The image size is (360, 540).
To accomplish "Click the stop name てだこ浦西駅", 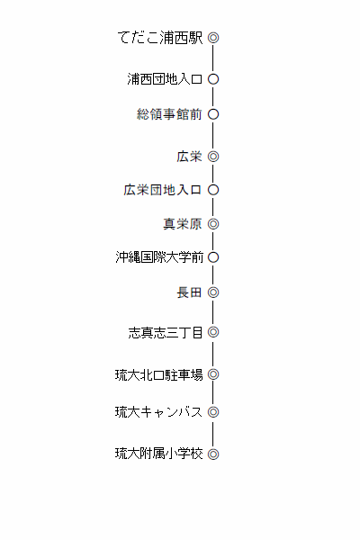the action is coord(160,38).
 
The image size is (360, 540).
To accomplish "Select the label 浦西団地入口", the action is coord(165,79).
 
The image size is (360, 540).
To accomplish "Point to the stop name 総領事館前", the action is coord(169,114).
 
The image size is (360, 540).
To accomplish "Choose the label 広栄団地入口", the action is coord(163,190).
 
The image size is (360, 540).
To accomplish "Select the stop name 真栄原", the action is coord(182,224).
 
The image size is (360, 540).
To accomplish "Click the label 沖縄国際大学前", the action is coord(159,257).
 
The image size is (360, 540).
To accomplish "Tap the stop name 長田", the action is coord(189,292).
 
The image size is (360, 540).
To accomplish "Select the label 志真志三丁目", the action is coord(166,332).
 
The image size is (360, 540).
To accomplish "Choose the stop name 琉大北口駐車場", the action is coord(158,374).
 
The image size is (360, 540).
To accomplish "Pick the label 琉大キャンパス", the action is coord(158,412).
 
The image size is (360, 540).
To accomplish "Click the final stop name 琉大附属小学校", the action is coord(158,454).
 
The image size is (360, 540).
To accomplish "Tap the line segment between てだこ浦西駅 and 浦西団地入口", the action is coord(213,58).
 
